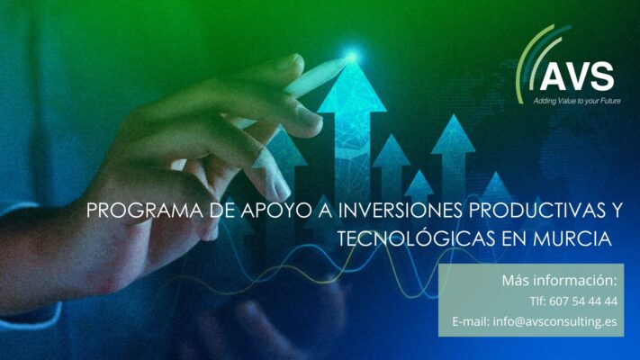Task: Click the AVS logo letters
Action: tap(577, 76)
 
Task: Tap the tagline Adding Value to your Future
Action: tap(577, 101)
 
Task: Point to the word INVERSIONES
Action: tap(400, 211)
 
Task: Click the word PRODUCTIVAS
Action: tap(530, 211)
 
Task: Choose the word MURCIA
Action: tap(572, 238)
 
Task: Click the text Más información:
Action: tap(560, 281)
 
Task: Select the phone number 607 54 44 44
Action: tap(583, 301)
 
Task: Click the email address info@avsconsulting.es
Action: tap(555, 321)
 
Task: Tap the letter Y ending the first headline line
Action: tap(615, 211)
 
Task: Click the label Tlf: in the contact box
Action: tap(537, 301)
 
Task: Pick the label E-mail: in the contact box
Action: tap(471, 321)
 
